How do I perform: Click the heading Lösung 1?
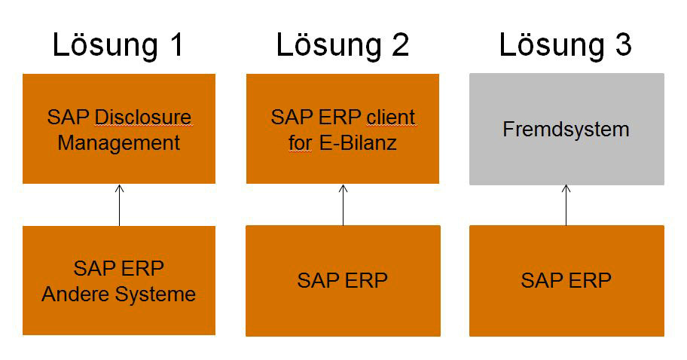click(118, 45)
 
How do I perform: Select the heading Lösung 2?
click(342, 45)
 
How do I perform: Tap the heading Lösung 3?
click(566, 45)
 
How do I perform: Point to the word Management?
click(118, 142)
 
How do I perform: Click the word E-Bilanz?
click(357, 142)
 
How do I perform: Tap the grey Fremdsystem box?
click(566, 130)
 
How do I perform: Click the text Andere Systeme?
click(118, 294)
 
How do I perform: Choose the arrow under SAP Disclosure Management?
click(119, 204)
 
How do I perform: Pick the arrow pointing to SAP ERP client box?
click(343, 204)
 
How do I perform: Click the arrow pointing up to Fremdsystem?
click(566, 204)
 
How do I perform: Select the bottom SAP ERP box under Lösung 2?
click(343, 281)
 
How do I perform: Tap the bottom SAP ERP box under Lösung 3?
click(566, 281)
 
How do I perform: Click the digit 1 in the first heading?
click(175, 45)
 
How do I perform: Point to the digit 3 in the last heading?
click(622, 45)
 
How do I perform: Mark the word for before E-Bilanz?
click(300, 142)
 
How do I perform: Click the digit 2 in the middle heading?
click(398, 45)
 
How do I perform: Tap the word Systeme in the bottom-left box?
click(157, 294)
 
